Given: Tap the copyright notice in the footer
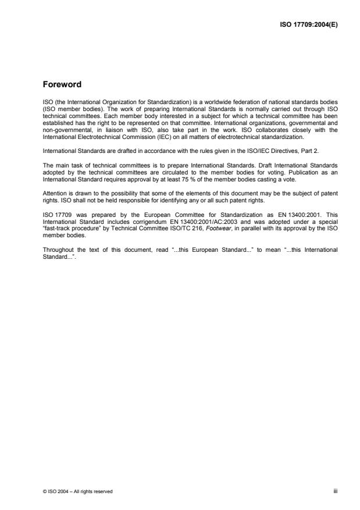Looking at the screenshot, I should click(x=74, y=491).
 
